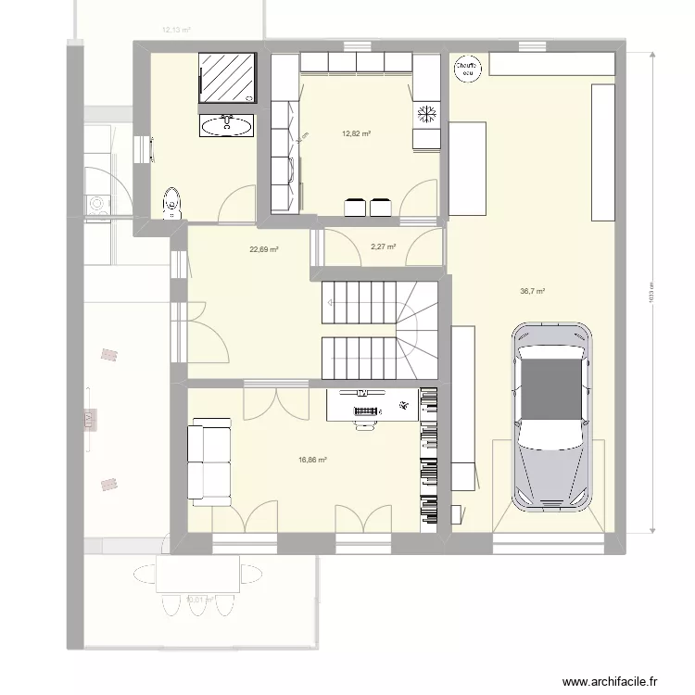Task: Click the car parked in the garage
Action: tap(553, 417)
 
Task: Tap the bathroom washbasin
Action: tap(226, 125)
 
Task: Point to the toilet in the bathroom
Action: tap(171, 203)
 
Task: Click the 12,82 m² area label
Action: tap(356, 133)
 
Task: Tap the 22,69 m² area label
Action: tap(264, 248)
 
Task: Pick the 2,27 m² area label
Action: tap(383, 247)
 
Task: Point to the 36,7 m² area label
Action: tap(532, 291)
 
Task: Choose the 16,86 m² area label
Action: tap(312, 459)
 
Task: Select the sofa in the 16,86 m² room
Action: tap(210, 461)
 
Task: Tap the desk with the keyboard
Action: tap(371, 405)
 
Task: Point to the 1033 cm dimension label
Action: tap(651, 297)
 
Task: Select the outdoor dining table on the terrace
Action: tap(198, 574)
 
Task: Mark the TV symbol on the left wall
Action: tap(90, 420)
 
